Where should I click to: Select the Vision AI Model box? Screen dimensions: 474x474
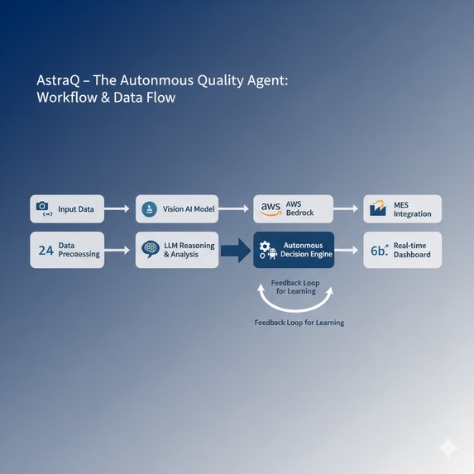[x=178, y=209]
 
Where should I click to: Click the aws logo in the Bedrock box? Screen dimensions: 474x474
[x=271, y=209]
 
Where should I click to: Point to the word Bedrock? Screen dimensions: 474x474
[x=301, y=213]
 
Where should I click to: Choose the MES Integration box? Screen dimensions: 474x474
[x=403, y=209]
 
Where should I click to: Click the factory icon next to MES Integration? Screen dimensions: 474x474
[x=378, y=208]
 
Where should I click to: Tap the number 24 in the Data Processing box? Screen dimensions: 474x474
[x=45, y=249]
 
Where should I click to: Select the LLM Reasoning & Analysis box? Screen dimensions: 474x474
[x=178, y=250]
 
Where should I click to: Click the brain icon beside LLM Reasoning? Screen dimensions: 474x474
[x=150, y=249]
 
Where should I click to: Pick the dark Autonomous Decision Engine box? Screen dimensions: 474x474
[x=293, y=250]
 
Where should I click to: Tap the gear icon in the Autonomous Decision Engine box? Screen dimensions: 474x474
[x=265, y=247]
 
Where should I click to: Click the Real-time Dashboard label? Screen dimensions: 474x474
[x=412, y=250]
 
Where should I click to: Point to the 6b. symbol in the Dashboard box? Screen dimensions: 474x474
[x=379, y=250]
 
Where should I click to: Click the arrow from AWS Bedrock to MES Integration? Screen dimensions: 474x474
[x=347, y=209]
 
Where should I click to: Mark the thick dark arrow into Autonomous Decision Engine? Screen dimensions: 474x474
[x=237, y=250]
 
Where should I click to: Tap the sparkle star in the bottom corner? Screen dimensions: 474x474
[x=448, y=448]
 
